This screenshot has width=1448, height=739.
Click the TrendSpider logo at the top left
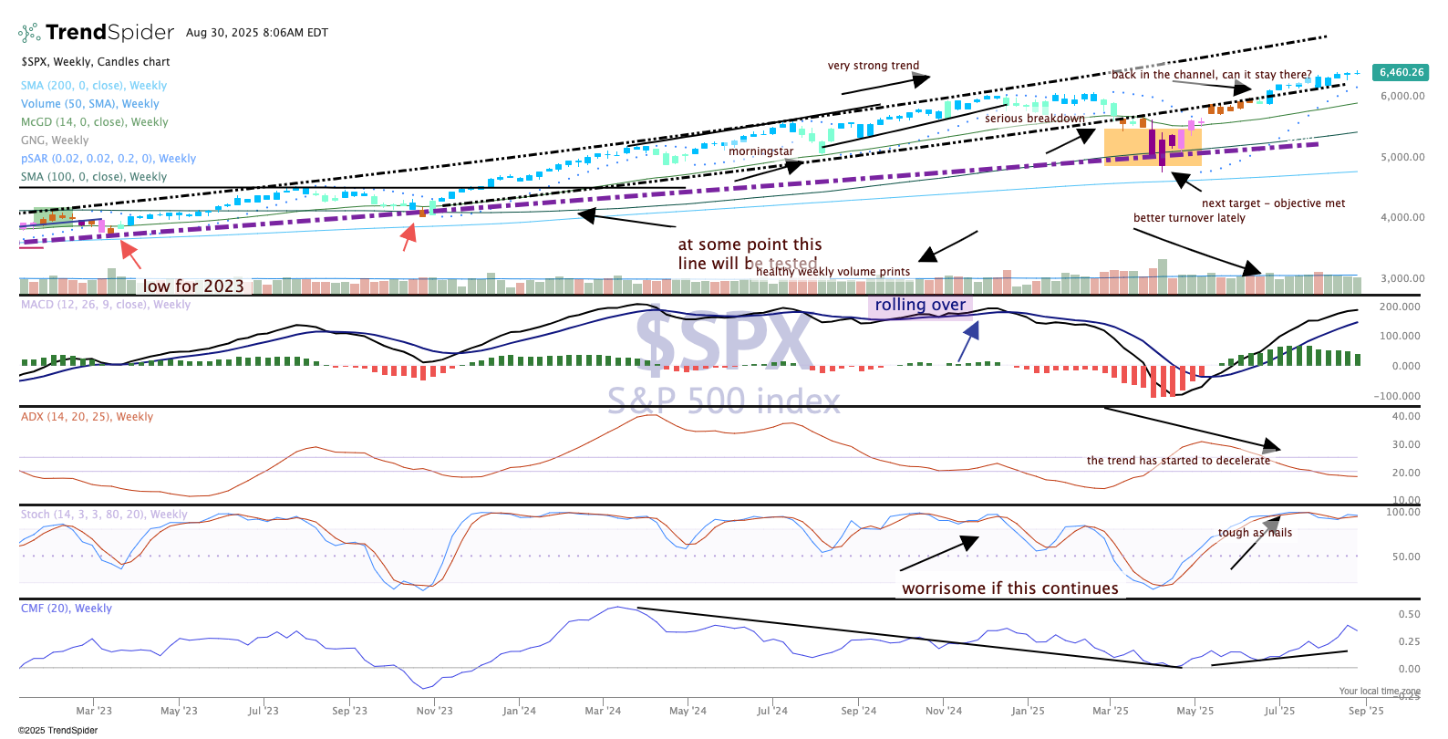click(x=96, y=33)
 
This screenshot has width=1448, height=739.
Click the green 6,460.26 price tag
click(x=1401, y=72)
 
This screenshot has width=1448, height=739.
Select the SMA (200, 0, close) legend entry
click(x=94, y=86)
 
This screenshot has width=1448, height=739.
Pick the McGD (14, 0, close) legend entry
click(x=95, y=122)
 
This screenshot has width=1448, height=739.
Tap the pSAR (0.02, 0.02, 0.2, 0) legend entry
click(x=109, y=159)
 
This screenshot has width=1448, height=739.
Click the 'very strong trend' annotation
click(x=874, y=66)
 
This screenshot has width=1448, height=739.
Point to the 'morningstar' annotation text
click(x=760, y=151)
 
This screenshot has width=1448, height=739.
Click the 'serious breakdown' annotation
click(x=1035, y=119)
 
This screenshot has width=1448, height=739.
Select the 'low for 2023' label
click(x=193, y=286)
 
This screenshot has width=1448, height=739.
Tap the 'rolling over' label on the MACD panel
click(x=920, y=305)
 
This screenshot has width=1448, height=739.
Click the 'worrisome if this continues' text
click(x=1010, y=588)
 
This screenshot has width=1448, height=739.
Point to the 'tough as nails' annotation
click(x=1255, y=533)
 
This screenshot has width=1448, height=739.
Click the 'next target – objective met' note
click(x=1273, y=203)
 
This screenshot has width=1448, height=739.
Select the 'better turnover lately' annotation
click(x=1189, y=218)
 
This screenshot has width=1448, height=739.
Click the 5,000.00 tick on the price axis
click(x=1402, y=157)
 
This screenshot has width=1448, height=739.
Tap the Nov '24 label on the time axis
click(x=943, y=711)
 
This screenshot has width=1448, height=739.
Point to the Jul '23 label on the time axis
click(x=264, y=711)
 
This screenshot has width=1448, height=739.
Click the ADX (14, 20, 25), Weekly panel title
click(x=88, y=417)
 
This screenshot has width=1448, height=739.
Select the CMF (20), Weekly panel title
click(x=67, y=609)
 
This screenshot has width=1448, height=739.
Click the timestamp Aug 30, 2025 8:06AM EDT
click(x=257, y=33)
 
